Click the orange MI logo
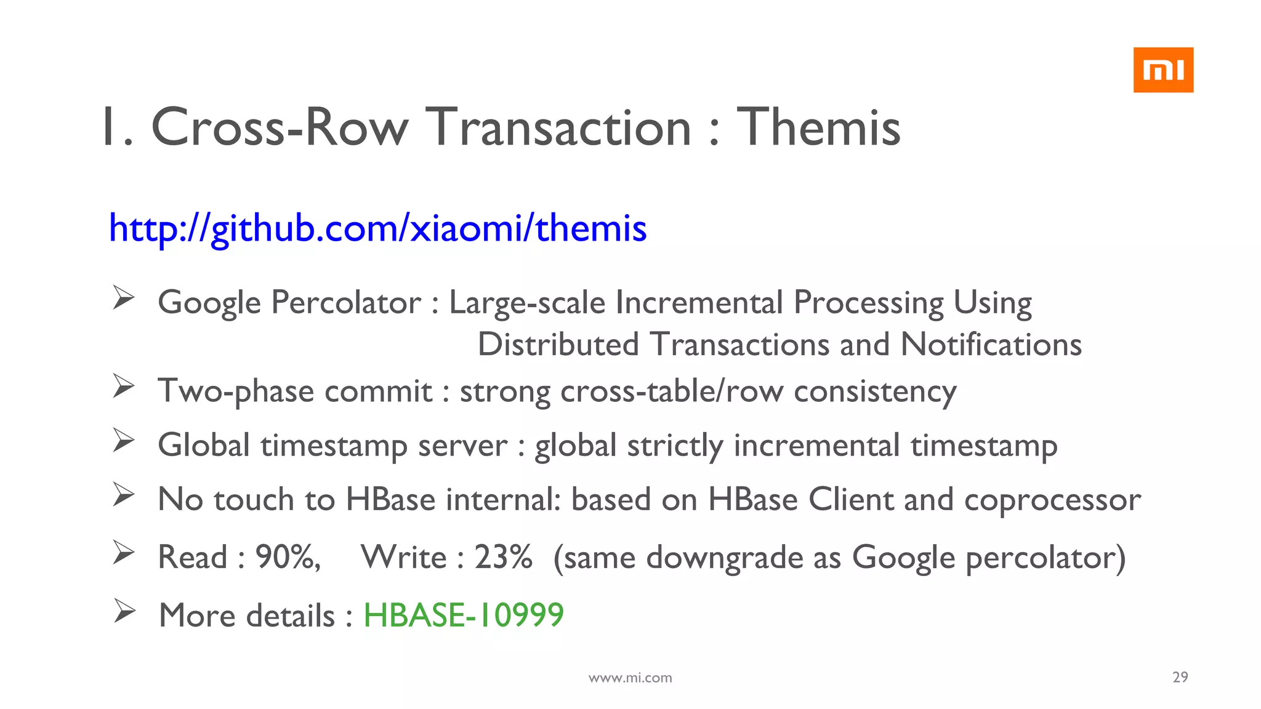pyautogui.click(x=1162, y=70)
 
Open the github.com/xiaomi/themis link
pyautogui.click(x=377, y=228)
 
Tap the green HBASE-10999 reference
pyautogui.click(x=464, y=615)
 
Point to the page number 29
pyautogui.click(x=1180, y=677)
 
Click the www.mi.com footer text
pyautogui.click(x=630, y=678)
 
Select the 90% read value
pyautogui.click(x=287, y=557)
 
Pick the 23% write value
pyautogui.click(x=502, y=557)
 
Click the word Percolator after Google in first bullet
pyautogui.click(x=346, y=303)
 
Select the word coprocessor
pyautogui.click(x=1052, y=500)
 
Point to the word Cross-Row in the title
pyautogui.click(x=280, y=127)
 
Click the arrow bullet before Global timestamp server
pyautogui.click(x=124, y=441)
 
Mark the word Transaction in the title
pyautogui.click(x=559, y=127)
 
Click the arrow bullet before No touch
pyautogui.click(x=124, y=495)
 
